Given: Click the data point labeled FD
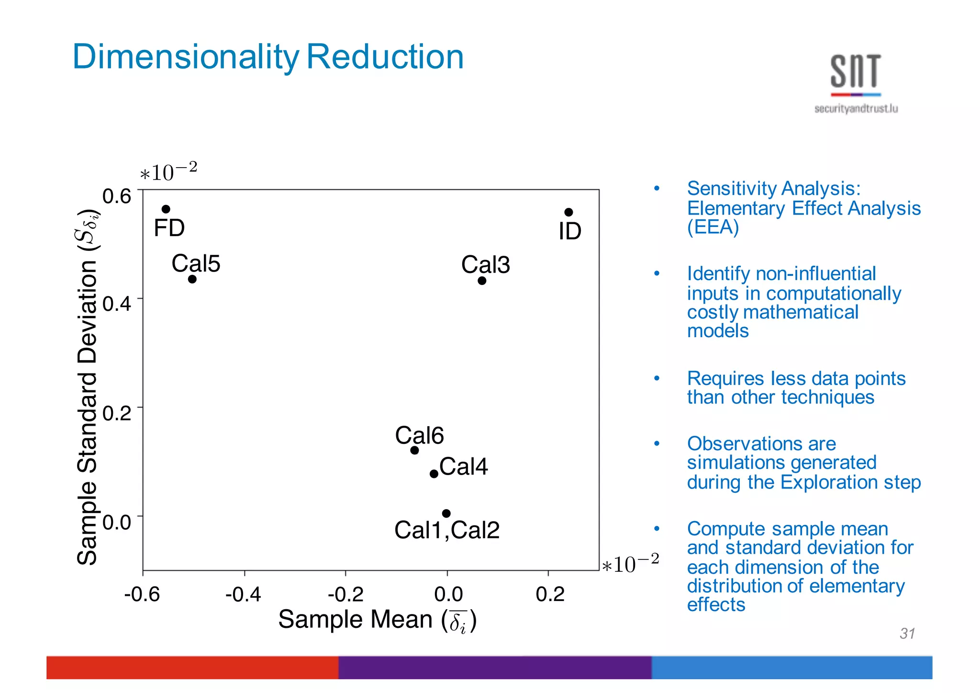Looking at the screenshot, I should pos(166,209).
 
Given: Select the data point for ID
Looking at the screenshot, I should pos(568,212).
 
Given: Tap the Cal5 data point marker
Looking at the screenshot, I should pos(192,279).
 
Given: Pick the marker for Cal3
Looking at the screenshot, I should pos(482,281).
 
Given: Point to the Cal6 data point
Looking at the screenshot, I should pos(414,450).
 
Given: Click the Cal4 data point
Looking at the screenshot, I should pos(434,474).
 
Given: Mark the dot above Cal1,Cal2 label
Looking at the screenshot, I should pos(446,513).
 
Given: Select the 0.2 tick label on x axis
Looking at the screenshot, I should pos(550,594).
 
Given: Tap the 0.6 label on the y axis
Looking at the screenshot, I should pos(117,196).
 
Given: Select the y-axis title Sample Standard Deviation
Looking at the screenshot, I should pos(88,388).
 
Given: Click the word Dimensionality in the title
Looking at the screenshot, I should pos(186,57).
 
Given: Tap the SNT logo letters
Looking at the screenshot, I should pos(856,72).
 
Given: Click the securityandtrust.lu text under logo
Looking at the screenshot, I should pos(856,109).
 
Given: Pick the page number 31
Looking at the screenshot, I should pos(907,633).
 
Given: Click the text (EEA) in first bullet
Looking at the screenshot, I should pos(713,227).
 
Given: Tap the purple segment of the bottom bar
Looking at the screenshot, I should pos(494,667).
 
